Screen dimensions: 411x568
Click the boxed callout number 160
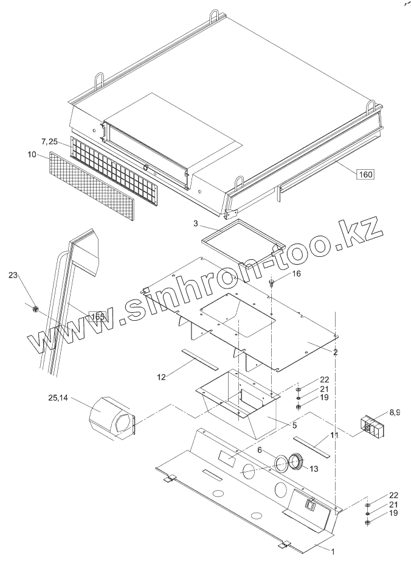coord(365,174)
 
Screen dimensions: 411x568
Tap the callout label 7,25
coord(50,141)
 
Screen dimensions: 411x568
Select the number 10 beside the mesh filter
coord(32,155)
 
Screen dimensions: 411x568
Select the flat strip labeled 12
coord(199,359)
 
